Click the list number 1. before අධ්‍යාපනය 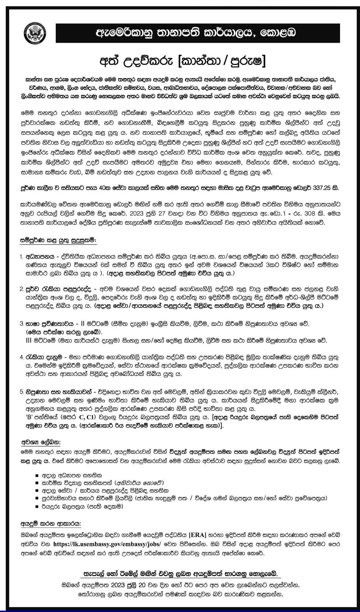[21, 257]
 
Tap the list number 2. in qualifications [21, 289]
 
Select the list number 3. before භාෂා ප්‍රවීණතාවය [21, 324]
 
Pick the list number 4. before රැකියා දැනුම [21, 357]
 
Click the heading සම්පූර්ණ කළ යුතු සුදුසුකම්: [58, 240]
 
